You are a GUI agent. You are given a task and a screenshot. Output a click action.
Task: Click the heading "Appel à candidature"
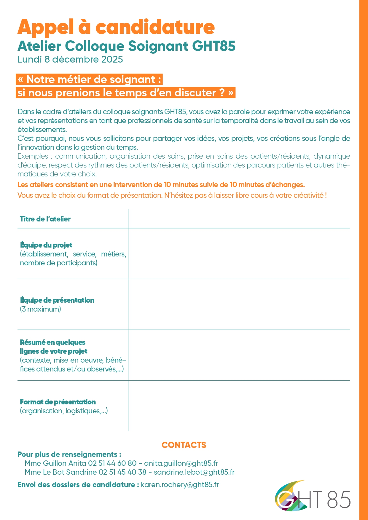coord(116,27)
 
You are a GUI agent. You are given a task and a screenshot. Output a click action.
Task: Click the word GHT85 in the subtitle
coord(214,46)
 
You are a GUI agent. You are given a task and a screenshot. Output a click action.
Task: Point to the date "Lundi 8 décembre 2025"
coord(70,60)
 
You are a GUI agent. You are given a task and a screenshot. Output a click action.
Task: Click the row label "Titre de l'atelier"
coord(45,219)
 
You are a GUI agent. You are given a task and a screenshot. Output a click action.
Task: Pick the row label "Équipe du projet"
coord(46,245)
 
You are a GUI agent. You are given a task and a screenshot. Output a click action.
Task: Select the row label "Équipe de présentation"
coord(57,300)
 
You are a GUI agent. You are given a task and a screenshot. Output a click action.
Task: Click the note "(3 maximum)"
coord(40,309)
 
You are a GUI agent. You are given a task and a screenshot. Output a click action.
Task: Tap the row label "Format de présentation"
coord(58,402)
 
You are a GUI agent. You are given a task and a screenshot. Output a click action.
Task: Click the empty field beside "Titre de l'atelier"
coord(239,219)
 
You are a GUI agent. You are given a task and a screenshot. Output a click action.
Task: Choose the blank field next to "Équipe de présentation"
coord(239,304)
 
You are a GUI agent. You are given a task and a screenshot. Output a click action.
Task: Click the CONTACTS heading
coord(184,445)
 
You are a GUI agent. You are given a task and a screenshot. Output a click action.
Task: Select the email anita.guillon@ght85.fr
coord(181,463)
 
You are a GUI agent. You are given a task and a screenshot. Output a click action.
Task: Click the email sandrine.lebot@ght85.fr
coord(194,472)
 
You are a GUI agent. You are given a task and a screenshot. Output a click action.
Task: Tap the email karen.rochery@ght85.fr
coord(180,485)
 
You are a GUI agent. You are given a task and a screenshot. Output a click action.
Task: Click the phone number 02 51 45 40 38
coord(122,472)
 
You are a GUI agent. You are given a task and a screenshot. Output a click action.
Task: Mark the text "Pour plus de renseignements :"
coord(69,454)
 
